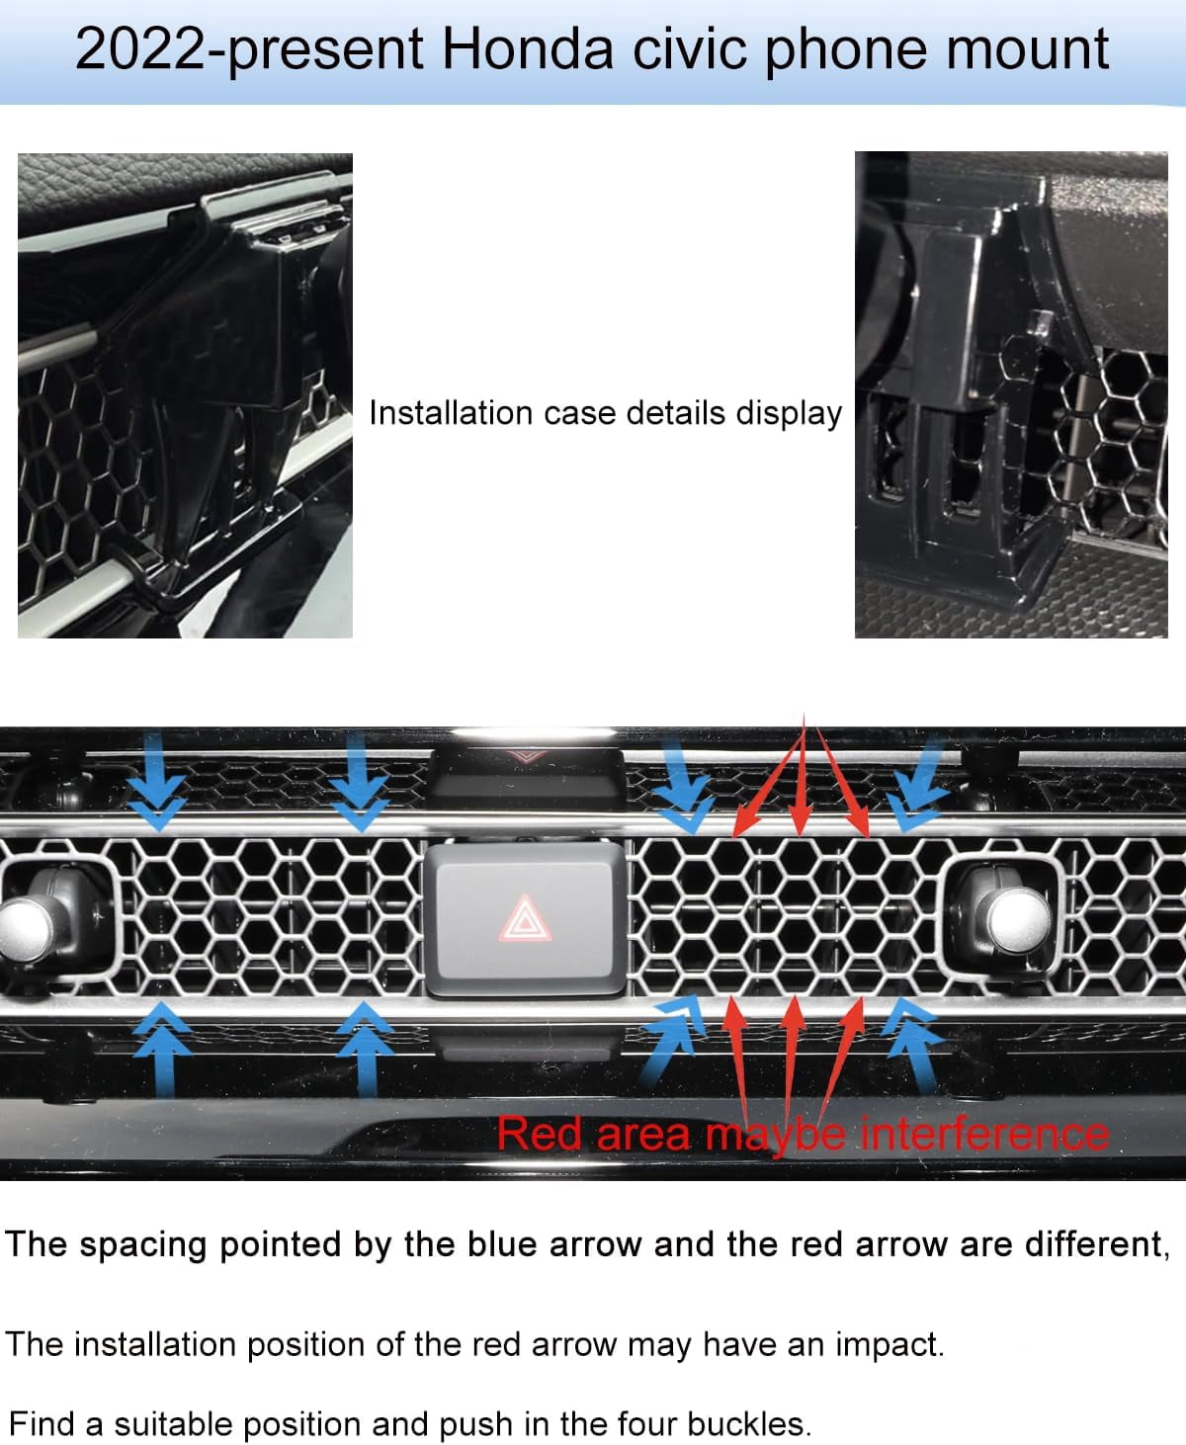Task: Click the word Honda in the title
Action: click(x=527, y=48)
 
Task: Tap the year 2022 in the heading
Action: click(x=139, y=48)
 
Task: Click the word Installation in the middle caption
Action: click(x=451, y=413)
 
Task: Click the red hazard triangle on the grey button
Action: click(x=525, y=917)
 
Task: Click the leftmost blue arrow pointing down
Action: click(x=157, y=781)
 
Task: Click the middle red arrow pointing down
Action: click(x=801, y=774)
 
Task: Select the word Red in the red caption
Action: click(x=539, y=1134)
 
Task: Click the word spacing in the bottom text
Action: click(x=142, y=1244)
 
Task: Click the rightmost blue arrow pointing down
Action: click(x=918, y=785)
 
